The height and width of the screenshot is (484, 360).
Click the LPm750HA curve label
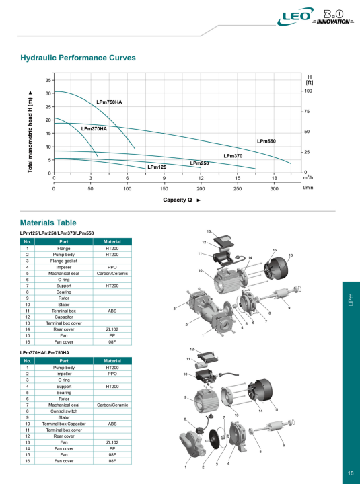(x=109, y=102)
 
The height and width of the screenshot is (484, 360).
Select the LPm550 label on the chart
(x=266, y=141)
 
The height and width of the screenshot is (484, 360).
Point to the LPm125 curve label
(x=157, y=167)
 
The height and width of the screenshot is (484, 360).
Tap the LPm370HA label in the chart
(x=94, y=128)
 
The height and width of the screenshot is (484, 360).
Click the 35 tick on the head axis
(x=48, y=80)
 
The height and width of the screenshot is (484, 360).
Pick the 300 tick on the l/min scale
(x=274, y=189)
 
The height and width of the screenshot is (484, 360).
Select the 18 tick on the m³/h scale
(x=274, y=178)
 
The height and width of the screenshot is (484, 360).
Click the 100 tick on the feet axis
(x=308, y=90)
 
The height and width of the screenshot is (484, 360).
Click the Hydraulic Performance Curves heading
(x=78, y=58)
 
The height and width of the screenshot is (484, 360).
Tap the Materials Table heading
(x=48, y=223)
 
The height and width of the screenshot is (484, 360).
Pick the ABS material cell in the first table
(x=112, y=311)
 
